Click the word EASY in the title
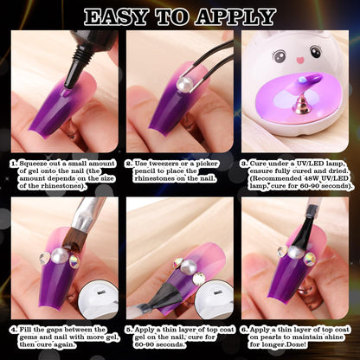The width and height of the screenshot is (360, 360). point(115,17)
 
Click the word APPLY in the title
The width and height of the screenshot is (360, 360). point(235,17)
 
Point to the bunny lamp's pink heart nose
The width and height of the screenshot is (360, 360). point(300,61)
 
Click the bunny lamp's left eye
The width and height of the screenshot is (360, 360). point(279,55)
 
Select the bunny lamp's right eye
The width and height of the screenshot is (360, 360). point(316,52)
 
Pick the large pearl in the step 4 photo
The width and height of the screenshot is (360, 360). point(60,255)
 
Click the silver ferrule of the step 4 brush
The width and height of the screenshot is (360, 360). point(84,218)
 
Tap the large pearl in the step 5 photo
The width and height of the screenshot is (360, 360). point(190,267)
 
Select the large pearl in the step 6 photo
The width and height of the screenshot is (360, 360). point(295,252)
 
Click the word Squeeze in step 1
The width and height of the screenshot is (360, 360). point(34,164)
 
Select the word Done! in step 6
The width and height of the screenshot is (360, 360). point(298,344)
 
